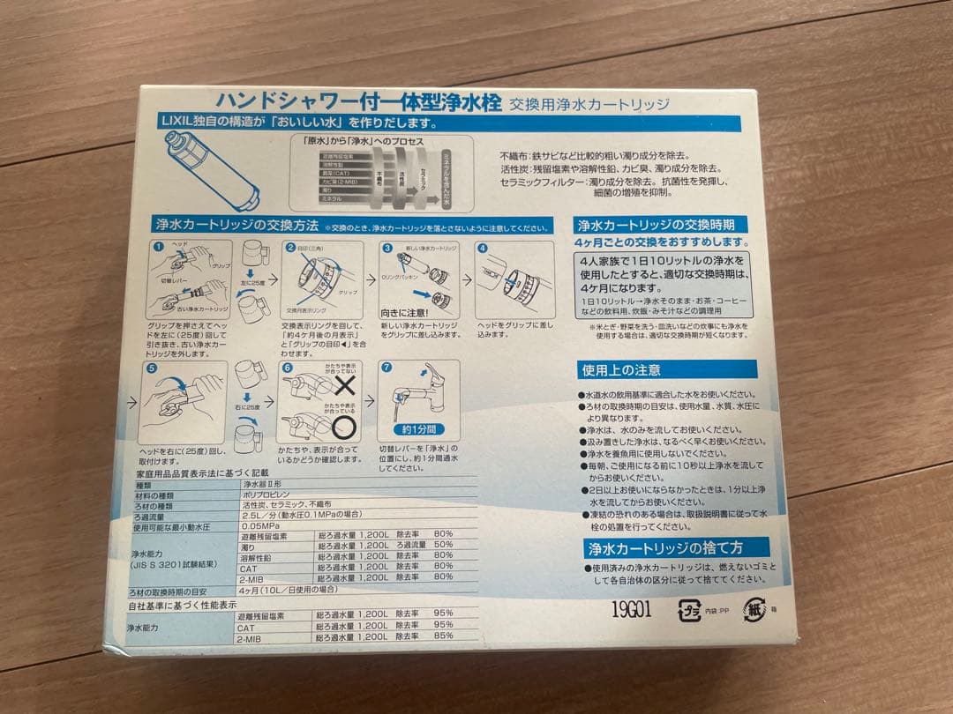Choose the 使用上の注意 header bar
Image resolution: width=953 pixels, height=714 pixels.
coord(620,370)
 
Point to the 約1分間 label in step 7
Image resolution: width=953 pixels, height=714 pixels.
coord(419,431)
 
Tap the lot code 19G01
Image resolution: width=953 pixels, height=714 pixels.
coord(631,611)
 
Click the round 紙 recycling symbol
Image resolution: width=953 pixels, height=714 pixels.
coord(753,610)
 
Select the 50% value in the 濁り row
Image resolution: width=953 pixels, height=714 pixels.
coord(442,545)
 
